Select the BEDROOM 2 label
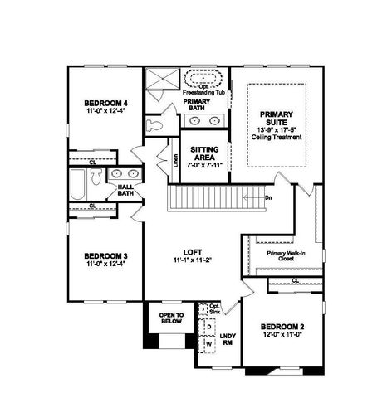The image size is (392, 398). coord(279,326)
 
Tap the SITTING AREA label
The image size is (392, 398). coord(204,153)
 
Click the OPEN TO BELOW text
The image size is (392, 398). coord(166,318)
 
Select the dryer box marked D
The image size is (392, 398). coord(208,327)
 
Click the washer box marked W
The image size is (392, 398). coord(208,342)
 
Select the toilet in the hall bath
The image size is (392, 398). coord(96,177)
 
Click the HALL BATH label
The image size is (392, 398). coord(125,192)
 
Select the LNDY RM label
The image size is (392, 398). coord(228,339)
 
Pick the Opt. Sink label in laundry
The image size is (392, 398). coord(214,308)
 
